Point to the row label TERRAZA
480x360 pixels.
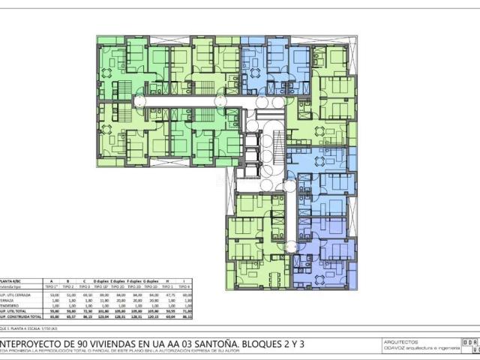[9, 300]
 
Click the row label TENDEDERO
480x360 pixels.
[10, 305]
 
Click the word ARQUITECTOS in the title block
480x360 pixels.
[400, 341]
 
